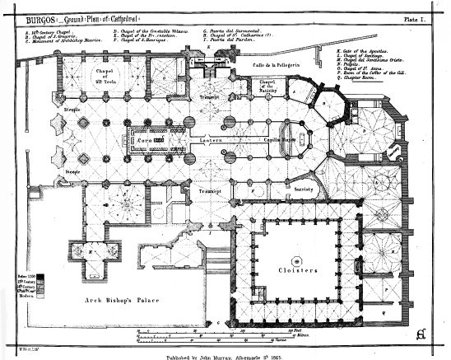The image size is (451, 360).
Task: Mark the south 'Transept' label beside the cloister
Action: point(212,190)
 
